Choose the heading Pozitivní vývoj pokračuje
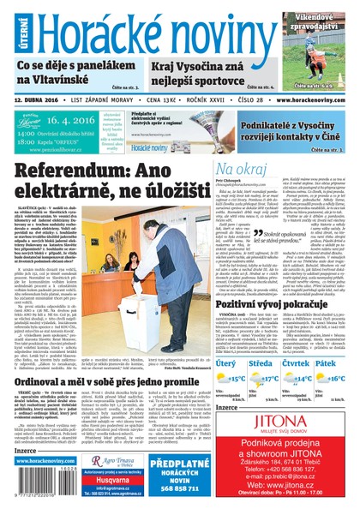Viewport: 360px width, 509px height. click(270, 304)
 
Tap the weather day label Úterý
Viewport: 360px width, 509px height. click(226, 363)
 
